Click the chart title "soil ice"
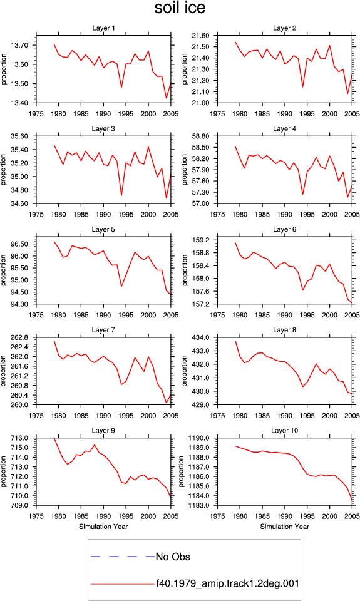180,8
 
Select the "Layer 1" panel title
103,28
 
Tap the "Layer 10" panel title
284,431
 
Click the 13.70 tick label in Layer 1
19,45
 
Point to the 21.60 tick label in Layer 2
200,36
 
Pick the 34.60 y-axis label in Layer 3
19,203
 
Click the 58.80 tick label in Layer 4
200,136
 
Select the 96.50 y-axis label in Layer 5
19,244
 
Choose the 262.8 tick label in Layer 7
19,337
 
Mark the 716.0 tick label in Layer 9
19,438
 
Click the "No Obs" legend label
173,557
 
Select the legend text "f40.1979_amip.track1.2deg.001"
227,583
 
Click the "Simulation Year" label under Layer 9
103,527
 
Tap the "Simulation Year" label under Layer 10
284,527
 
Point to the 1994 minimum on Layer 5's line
121,286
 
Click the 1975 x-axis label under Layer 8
217,416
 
